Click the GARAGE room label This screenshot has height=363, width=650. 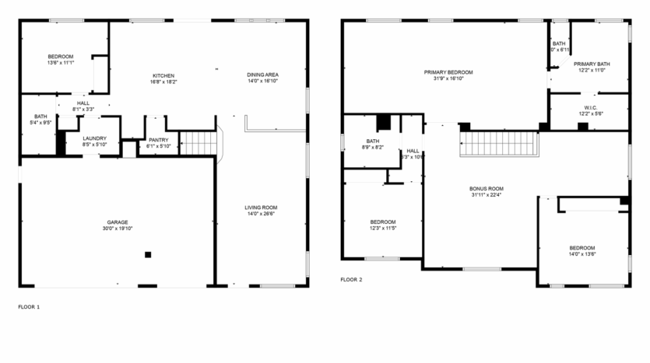117,222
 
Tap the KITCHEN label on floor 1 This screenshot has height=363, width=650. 163,75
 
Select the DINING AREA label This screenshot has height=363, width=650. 263,75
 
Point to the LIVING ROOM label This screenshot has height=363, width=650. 261,208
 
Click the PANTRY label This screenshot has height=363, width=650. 157,140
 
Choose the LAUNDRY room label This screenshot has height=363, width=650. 94,138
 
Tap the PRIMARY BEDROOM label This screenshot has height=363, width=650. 448,72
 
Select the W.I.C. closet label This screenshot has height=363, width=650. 590,107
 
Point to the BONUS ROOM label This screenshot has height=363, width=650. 487,188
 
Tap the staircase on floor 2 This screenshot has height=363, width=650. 498,143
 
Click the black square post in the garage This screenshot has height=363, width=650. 148,254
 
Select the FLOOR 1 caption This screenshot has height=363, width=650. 29,307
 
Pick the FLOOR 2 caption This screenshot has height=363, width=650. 351,279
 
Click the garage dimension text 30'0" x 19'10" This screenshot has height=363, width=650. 117,229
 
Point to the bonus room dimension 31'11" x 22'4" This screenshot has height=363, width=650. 487,195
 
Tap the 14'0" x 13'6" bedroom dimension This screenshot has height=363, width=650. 581,253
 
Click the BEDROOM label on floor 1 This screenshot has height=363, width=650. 60,56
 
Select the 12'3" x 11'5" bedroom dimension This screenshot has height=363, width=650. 383,228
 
